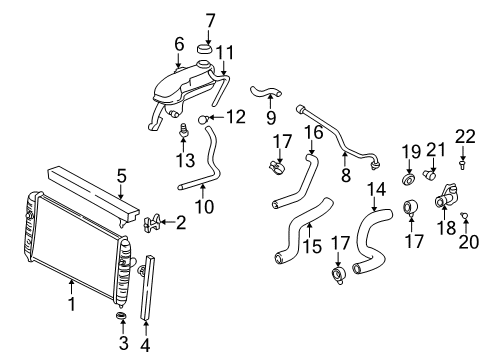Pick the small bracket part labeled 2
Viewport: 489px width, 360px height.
pos(152,222)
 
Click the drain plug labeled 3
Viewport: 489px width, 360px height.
pos(121,319)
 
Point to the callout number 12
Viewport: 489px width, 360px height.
pos(235,117)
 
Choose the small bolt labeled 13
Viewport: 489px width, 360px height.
pos(183,130)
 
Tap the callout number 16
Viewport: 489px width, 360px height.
pos(313,131)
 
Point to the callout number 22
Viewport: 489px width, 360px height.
pos(463,135)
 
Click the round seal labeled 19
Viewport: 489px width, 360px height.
pos(409,181)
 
